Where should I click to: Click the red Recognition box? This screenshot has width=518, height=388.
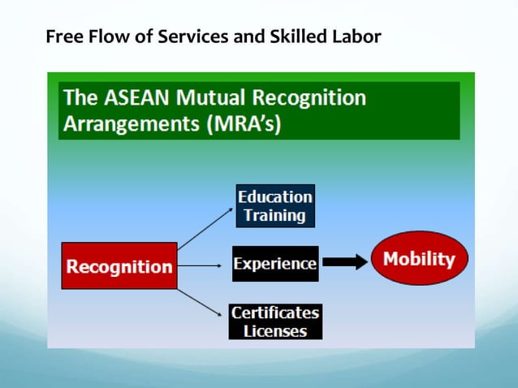[119, 266]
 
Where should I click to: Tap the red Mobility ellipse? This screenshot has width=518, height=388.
[419, 260]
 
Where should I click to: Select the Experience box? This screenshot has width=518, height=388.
[275, 264]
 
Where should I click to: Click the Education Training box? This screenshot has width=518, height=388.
[275, 206]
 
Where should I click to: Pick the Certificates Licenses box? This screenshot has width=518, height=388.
[275, 321]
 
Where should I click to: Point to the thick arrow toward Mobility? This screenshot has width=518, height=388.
[344, 262]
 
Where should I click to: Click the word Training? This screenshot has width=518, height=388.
[275, 216]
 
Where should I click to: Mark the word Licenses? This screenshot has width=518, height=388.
[275, 331]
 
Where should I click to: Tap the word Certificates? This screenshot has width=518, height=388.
[275, 313]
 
